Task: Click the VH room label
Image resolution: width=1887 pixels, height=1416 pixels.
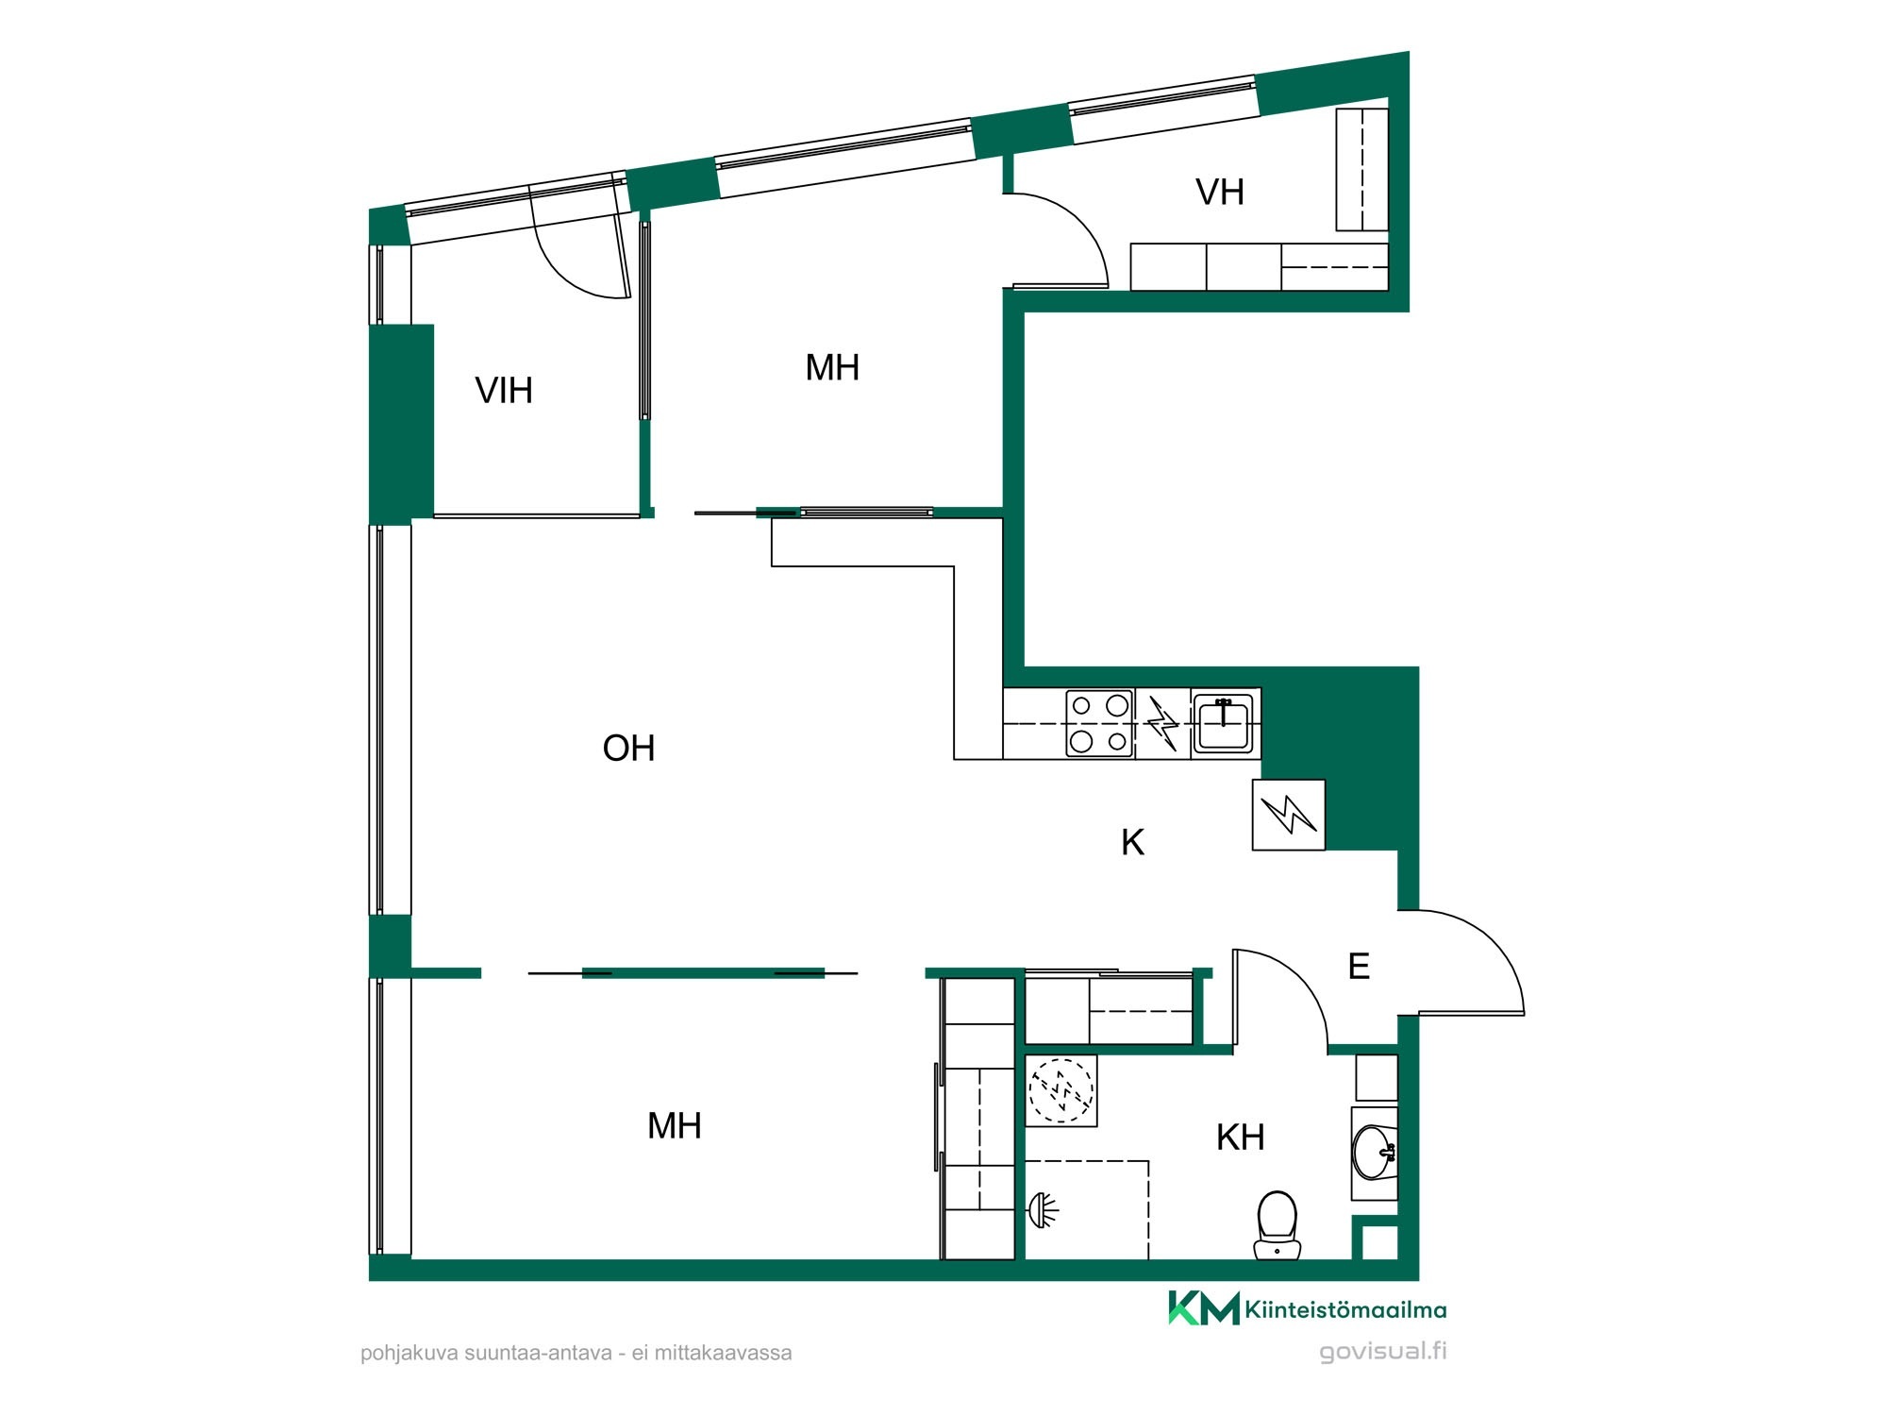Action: (x=1220, y=192)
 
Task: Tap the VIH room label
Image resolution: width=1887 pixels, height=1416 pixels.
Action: (x=504, y=390)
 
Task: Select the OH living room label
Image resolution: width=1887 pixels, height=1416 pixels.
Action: (x=628, y=748)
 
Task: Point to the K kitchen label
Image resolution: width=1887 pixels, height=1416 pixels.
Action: (x=1132, y=842)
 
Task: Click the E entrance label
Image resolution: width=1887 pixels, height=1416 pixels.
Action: (x=1359, y=966)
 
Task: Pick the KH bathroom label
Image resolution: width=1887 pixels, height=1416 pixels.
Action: (x=1240, y=1138)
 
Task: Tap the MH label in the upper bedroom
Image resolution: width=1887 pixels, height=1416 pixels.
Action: (x=832, y=367)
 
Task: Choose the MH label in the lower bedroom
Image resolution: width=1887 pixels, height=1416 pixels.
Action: (x=675, y=1125)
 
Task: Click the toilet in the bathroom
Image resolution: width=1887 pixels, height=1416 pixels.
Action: (x=1277, y=1224)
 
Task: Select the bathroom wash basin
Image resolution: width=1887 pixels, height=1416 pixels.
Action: (x=1375, y=1153)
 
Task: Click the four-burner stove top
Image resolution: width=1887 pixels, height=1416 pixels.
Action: (x=1100, y=724)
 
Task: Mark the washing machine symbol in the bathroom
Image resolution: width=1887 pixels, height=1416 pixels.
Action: (x=1061, y=1090)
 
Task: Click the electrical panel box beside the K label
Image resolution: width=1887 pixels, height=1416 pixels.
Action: (x=1289, y=815)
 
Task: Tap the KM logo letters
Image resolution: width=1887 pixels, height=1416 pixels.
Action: (x=1204, y=1308)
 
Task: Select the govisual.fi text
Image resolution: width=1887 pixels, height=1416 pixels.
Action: (x=1383, y=1351)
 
